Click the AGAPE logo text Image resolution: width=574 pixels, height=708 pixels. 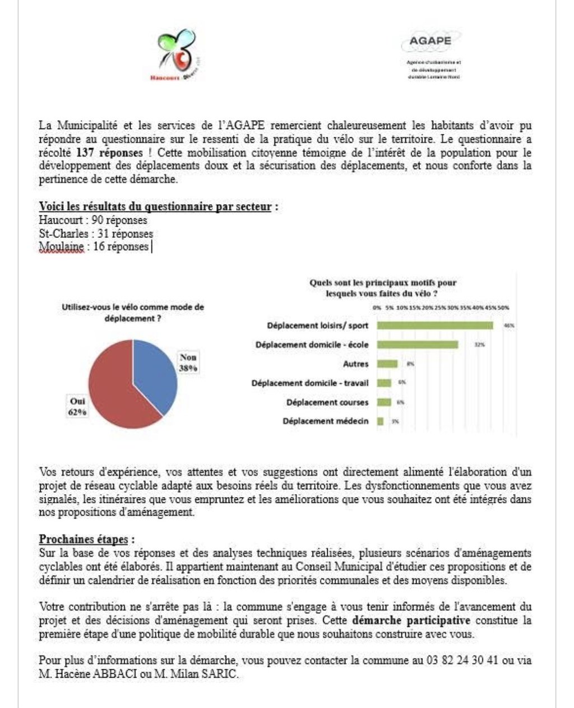coord(430,41)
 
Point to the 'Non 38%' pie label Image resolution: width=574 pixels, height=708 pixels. coord(188,362)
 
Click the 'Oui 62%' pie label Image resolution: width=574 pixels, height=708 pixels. coord(78,407)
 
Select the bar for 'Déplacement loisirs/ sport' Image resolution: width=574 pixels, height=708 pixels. coord(435,325)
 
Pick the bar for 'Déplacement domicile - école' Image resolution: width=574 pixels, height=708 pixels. coord(418,344)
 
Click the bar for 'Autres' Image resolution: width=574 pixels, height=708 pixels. coord(387,364)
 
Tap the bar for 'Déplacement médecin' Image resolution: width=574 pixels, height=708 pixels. coord(381,421)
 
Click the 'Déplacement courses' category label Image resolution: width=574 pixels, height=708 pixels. coord(327,402)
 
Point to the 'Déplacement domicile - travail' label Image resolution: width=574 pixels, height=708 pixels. coord(310,383)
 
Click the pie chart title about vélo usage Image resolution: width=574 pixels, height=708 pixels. coord(133,312)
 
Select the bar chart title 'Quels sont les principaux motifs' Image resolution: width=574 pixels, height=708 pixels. coord(383,288)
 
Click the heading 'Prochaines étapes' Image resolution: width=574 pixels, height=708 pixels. coord(84,540)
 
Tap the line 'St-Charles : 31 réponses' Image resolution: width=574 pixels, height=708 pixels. coord(96,233)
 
